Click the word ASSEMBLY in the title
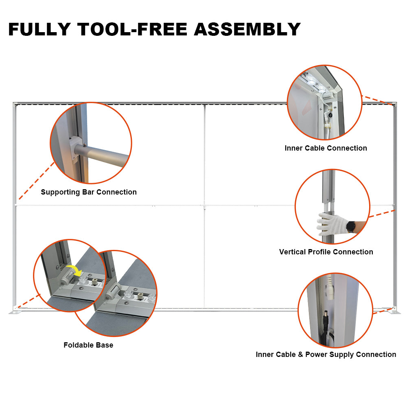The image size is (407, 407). (247, 29)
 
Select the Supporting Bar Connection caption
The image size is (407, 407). (89, 192)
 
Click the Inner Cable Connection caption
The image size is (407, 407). (326, 148)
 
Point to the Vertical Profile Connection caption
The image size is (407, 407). (326, 252)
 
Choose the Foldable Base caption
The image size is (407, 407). (88, 345)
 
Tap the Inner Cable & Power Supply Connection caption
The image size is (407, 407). (326, 354)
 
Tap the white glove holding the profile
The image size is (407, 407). (331, 224)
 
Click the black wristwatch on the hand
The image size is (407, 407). (350, 227)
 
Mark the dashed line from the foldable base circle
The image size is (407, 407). (28, 302)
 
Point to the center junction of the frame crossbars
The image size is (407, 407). (204, 205)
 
